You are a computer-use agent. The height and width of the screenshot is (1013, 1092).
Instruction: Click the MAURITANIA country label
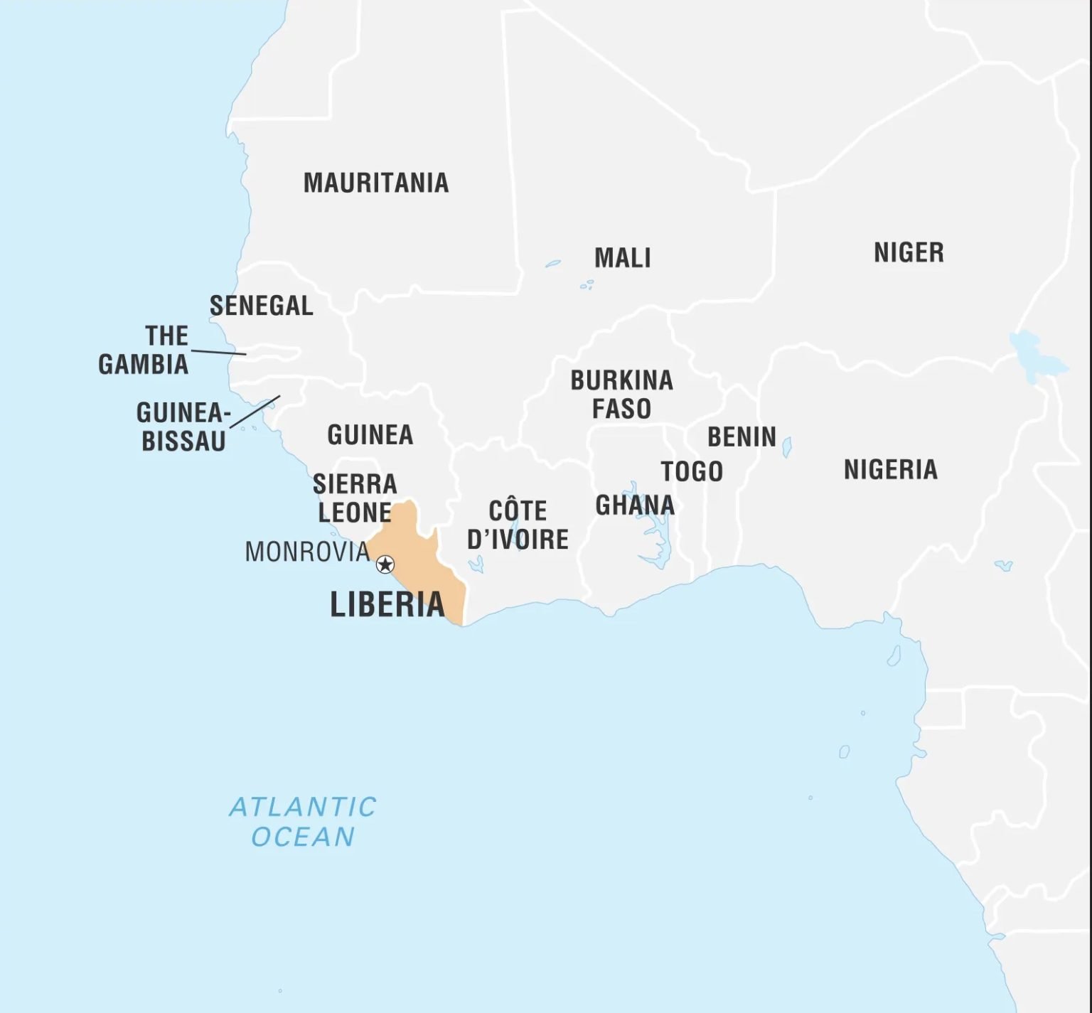[x=376, y=183]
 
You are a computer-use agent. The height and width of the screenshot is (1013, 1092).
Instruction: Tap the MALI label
[x=622, y=257]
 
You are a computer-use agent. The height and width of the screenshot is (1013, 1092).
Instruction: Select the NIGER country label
[x=909, y=252]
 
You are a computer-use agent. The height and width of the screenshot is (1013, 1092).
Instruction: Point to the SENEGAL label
[x=261, y=306]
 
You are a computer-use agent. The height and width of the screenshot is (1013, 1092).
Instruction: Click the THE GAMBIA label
[x=144, y=350]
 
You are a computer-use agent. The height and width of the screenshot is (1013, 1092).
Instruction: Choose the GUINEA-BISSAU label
[x=183, y=427]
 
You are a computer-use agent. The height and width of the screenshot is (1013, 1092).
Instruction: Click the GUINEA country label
[x=370, y=434]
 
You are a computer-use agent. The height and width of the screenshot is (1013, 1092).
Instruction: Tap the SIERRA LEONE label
[x=355, y=498]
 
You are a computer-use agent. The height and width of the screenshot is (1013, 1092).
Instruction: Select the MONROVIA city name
[x=307, y=552]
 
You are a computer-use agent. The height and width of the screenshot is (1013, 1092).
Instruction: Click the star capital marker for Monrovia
[x=385, y=564]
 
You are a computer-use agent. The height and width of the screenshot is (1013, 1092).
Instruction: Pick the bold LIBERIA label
[x=387, y=604]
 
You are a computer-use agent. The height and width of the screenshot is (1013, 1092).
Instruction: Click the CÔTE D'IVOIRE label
[x=518, y=525]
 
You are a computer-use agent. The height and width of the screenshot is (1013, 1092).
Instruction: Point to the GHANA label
[x=635, y=505]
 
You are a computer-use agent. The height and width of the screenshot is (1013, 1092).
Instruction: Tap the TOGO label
[x=692, y=471]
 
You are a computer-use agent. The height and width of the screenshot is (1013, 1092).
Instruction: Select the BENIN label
[x=742, y=436]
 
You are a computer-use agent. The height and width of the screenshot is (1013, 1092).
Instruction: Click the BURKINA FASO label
[x=621, y=395]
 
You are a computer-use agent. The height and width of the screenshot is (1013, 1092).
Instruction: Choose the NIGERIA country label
[x=890, y=469]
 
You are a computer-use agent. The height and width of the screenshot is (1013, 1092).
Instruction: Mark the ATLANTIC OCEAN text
[x=303, y=822]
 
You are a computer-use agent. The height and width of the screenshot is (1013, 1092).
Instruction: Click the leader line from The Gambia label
[x=219, y=352]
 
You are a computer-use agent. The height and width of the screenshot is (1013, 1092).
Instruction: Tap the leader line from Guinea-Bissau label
[x=255, y=412]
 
